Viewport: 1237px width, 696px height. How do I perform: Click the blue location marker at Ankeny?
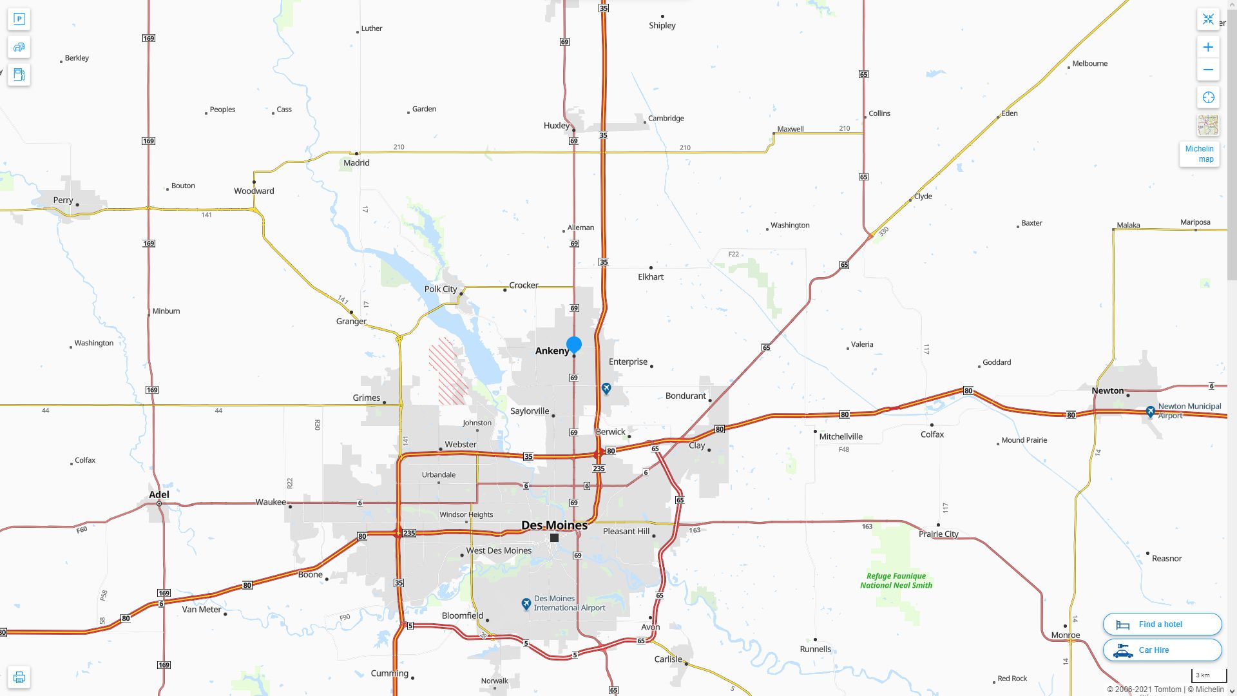point(573,345)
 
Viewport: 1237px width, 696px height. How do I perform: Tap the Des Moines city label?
point(554,525)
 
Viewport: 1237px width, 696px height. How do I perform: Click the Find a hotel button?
point(1162,624)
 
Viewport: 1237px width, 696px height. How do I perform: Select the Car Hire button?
point(1162,650)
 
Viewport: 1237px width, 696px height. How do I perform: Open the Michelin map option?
point(1199,154)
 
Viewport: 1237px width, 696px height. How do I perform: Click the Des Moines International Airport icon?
point(526,604)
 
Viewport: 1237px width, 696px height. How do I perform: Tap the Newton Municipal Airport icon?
point(1151,411)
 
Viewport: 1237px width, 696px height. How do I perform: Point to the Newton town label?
point(1108,391)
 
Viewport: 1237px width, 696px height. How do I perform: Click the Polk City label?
point(441,289)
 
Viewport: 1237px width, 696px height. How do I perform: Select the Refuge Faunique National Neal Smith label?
point(896,581)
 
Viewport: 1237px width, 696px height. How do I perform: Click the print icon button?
point(19,677)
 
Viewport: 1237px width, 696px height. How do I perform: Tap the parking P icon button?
point(19,19)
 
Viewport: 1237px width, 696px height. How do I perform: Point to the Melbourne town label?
point(1089,64)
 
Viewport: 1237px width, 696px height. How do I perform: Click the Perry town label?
point(63,200)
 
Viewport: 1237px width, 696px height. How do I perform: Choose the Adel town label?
point(159,495)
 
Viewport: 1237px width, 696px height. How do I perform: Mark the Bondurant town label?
point(686,396)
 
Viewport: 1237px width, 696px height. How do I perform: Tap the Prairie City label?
point(938,534)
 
